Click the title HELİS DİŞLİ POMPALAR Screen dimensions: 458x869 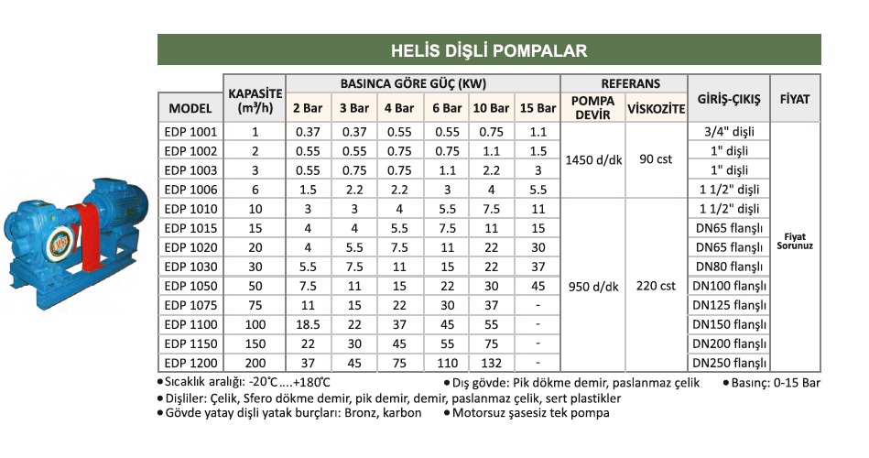point(488,49)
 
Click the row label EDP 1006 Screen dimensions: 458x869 point(190,190)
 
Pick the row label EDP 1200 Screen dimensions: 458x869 point(190,363)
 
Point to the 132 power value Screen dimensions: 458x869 point(491,363)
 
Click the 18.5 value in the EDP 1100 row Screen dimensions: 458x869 point(306,324)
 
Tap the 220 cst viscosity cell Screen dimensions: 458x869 point(656,286)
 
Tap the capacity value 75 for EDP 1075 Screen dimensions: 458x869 point(255,305)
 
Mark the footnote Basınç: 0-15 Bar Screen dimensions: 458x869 point(775,382)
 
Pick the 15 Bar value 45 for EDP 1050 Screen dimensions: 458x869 point(538,286)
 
